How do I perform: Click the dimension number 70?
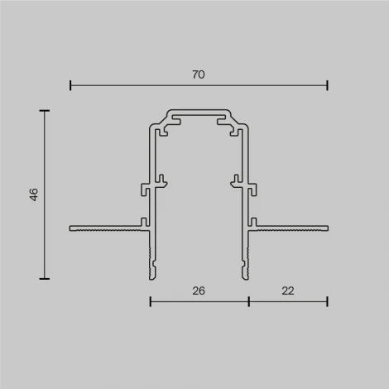click(x=199, y=74)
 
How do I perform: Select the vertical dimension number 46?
click(x=34, y=194)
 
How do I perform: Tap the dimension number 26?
click(x=199, y=291)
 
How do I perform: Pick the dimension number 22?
click(x=287, y=291)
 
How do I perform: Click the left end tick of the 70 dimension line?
click(x=70, y=84)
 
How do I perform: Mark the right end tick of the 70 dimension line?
click(x=327, y=84)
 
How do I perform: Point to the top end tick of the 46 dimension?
click(x=45, y=110)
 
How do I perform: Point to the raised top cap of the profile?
click(x=199, y=110)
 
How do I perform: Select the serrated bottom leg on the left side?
click(x=152, y=261)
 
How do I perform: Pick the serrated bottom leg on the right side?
click(x=246, y=261)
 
